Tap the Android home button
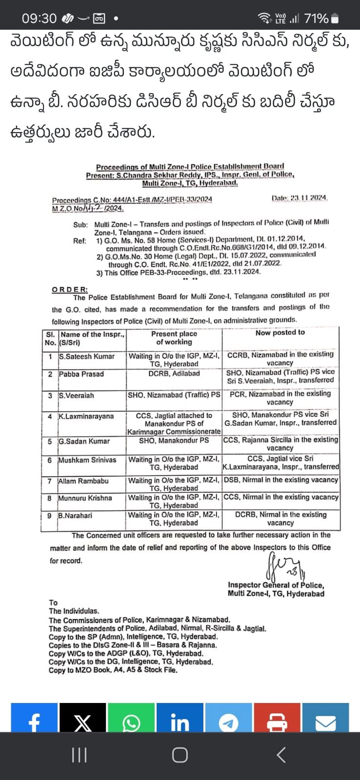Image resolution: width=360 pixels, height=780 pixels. (x=180, y=755)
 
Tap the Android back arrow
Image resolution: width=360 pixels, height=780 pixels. (x=281, y=755)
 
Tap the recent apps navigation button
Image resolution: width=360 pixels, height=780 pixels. (x=79, y=755)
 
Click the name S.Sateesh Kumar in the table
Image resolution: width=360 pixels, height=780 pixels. (x=86, y=356)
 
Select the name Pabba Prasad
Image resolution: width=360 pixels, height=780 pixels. (x=81, y=374)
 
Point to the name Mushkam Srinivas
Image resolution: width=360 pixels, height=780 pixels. (x=87, y=460)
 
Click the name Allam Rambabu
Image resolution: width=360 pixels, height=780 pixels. (x=83, y=481)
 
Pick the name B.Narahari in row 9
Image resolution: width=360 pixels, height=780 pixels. (x=75, y=515)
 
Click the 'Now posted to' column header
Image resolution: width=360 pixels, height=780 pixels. (x=280, y=332)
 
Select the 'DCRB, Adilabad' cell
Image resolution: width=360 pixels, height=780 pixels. (x=174, y=373)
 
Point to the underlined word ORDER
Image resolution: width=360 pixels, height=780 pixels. (x=70, y=290)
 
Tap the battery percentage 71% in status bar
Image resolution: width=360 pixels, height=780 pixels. (x=316, y=19)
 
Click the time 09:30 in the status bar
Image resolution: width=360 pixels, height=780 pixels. (x=39, y=19)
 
